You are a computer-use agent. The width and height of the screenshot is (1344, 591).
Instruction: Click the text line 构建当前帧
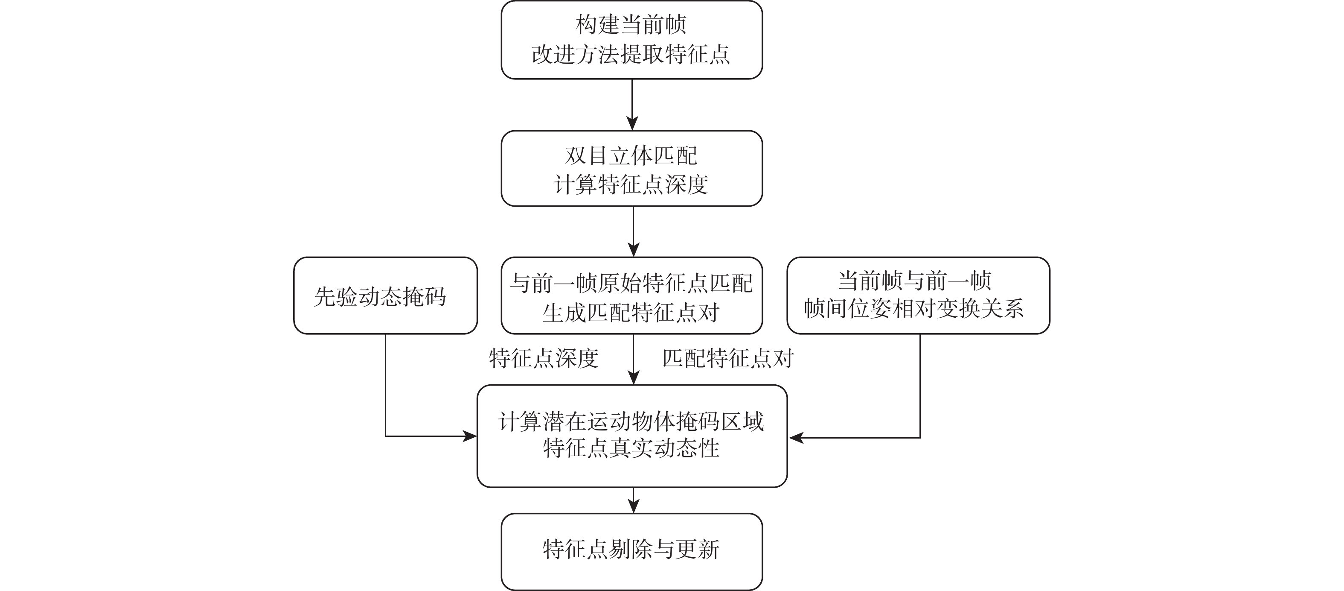pyautogui.click(x=631, y=24)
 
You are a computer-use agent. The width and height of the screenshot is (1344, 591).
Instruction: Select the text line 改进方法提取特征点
pyautogui.click(x=631, y=54)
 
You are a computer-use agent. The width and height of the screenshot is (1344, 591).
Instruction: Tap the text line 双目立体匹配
pyautogui.click(x=631, y=155)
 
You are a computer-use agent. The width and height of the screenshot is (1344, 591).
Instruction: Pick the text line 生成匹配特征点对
pyautogui.click(x=631, y=312)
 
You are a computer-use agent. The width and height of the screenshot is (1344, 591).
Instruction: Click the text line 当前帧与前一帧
pyautogui.click(x=914, y=281)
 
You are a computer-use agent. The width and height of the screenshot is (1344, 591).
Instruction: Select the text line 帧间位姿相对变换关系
pyautogui.click(x=914, y=309)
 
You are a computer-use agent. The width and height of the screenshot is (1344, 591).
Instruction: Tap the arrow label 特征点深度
pyautogui.click(x=544, y=359)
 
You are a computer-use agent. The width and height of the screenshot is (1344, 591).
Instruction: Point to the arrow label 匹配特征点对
pyautogui.click(x=728, y=359)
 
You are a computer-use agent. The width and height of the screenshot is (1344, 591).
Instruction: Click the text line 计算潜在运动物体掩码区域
pyautogui.click(x=631, y=421)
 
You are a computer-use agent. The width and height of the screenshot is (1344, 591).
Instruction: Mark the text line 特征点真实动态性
pyautogui.click(x=631, y=448)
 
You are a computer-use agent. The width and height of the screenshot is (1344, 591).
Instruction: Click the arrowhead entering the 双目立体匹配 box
pyautogui.click(x=632, y=124)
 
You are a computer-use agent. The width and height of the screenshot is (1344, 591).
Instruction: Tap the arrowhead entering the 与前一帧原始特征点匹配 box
pyautogui.click(x=633, y=249)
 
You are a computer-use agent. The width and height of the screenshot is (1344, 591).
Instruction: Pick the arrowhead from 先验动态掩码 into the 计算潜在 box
pyautogui.click(x=471, y=436)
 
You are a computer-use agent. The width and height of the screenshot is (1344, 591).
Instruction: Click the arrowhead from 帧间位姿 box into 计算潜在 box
pyautogui.click(x=795, y=438)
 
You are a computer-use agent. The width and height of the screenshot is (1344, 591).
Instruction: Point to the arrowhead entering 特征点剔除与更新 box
pyautogui.click(x=633, y=506)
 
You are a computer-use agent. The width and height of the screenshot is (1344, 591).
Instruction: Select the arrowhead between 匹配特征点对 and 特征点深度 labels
pyautogui.click(x=633, y=378)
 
